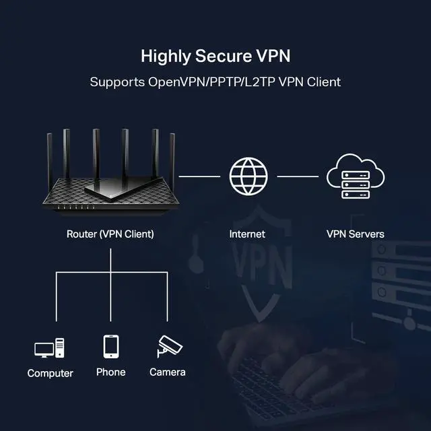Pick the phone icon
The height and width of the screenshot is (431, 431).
tap(111, 347)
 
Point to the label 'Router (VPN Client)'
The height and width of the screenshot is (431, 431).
tap(110, 234)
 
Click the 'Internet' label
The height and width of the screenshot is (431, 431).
tap(247, 234)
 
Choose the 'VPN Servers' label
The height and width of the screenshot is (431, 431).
tap(356, 234)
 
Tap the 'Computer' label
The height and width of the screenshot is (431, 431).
tap(51, 373)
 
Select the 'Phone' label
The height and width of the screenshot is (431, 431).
tap(111, 372)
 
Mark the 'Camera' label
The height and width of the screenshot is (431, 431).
tap(168, 372)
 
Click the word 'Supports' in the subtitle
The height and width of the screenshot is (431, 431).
tap(115, 82)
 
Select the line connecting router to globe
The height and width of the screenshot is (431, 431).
tap(199, 176)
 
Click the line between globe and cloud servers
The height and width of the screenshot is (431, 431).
tap(297, 176)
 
